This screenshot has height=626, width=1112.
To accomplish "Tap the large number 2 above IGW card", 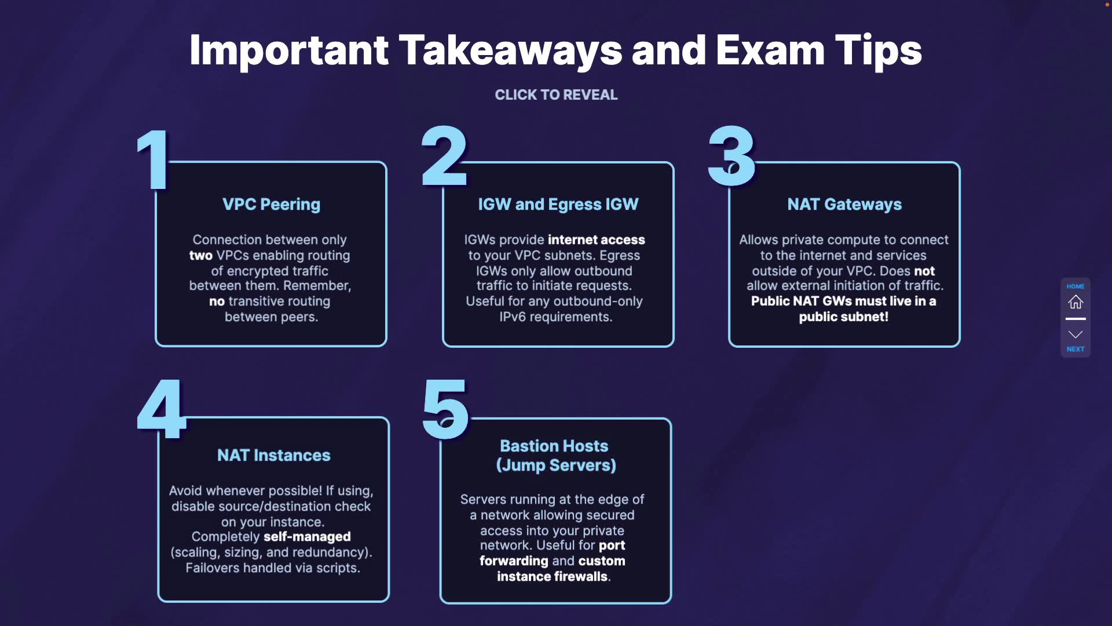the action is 444,156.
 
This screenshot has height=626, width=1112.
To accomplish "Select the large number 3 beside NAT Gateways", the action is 731,156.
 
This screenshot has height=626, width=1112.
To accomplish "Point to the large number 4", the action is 162,409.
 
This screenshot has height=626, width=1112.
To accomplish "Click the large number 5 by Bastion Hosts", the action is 445,409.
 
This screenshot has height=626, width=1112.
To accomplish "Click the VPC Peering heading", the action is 271,205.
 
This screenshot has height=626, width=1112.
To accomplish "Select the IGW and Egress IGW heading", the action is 558,205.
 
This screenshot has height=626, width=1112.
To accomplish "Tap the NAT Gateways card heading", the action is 844,205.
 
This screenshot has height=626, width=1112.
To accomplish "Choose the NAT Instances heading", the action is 273,456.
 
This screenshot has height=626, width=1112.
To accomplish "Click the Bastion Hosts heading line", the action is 554,446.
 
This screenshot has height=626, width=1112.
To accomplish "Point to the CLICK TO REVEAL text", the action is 556,95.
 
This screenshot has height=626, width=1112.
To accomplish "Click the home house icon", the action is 1076,302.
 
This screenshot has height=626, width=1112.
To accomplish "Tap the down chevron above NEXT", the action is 1076,334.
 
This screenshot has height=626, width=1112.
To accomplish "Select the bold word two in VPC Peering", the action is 201,256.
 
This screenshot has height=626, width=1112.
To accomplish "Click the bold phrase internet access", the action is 596,240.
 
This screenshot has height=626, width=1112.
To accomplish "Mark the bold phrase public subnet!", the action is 843,317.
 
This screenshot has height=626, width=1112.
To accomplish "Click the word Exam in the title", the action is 770,50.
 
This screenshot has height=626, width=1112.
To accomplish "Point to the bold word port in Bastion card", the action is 612,545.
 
